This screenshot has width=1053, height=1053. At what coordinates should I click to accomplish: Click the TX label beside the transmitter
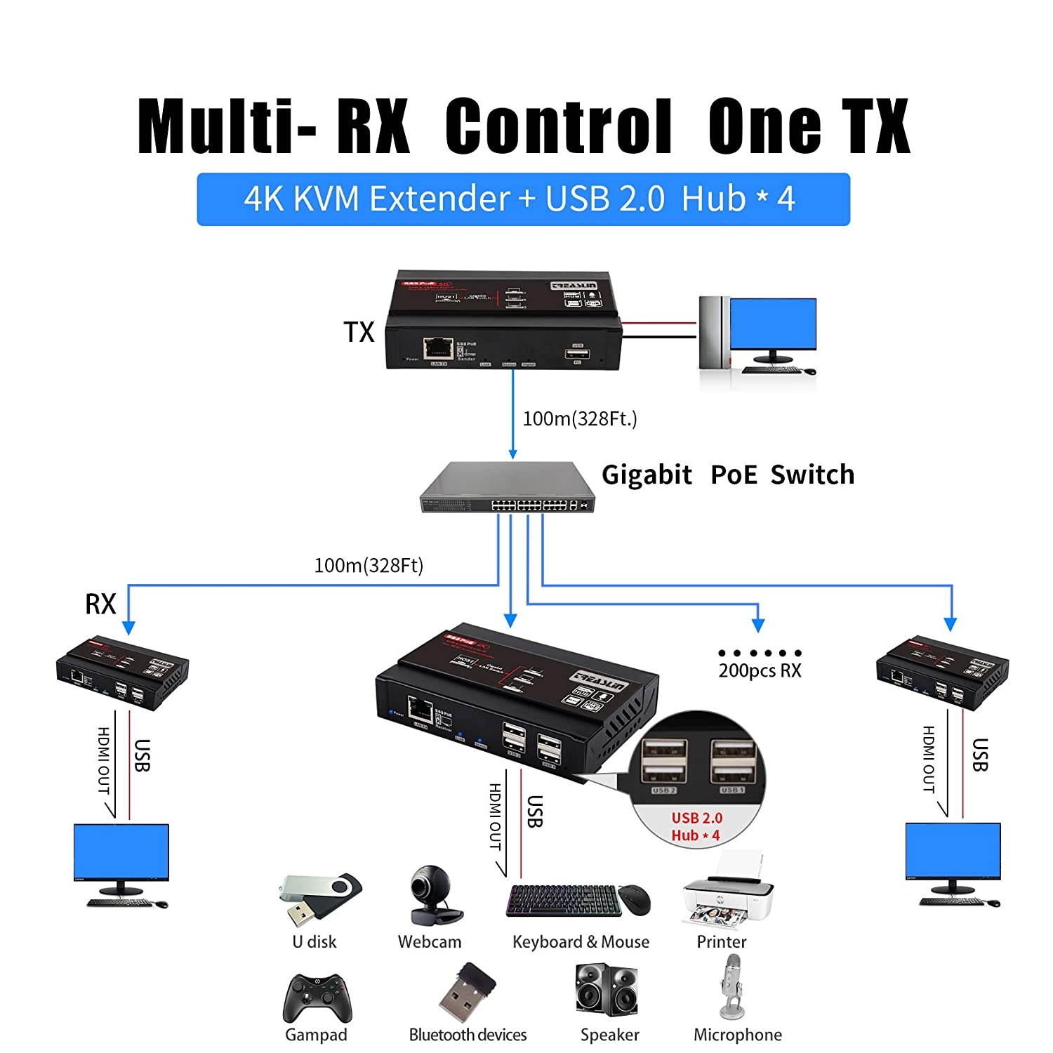pos(359,332)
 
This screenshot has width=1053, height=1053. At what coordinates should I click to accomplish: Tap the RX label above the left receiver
pos(100,604)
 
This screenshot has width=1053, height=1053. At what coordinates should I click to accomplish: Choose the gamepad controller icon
pos(317,998)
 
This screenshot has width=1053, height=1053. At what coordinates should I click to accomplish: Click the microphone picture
pos(732,987)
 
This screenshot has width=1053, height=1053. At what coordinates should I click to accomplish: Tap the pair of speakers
pos(608,990)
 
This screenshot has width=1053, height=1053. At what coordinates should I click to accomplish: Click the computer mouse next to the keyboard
pos(634,899)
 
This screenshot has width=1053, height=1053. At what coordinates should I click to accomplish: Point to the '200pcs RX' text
pos(760,670)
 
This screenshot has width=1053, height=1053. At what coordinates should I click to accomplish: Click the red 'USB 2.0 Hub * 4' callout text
pos(696,826)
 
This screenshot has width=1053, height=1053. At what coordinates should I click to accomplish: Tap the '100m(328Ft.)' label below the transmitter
pos(580,419)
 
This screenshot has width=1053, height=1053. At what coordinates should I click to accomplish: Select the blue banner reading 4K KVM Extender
pos(523,199)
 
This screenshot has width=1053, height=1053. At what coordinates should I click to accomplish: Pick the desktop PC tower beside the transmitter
pos(711,332)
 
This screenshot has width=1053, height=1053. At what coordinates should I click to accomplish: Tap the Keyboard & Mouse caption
pos(581,941)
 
